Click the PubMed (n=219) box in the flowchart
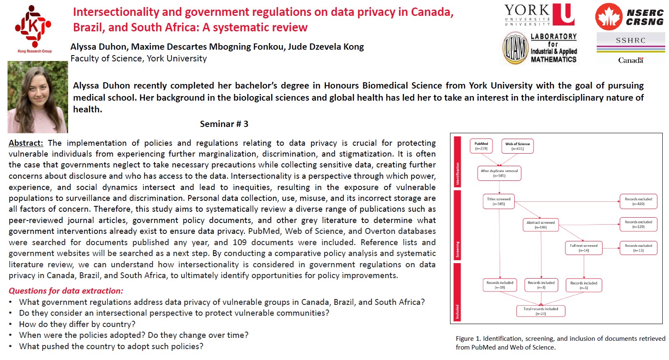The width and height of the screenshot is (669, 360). click(x=481, y=146)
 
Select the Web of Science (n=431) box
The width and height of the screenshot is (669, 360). click(x=517, y=146)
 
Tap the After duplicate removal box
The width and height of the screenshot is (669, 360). click(x=499, y=173)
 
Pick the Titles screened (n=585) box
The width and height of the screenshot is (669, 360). click(x=499, y=201)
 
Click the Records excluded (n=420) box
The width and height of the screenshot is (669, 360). click(x=638, y=201)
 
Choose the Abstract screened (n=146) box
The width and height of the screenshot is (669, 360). click(x=541, y=225)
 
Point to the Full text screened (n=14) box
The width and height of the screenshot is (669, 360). click(x=583, y=248)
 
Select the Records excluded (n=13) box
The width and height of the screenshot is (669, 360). click(x=638, y=248)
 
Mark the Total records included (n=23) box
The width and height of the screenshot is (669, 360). click(x=541, y=311)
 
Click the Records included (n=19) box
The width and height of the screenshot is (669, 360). click(x=500, y=285)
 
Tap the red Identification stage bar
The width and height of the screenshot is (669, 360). click(x=457, y=162)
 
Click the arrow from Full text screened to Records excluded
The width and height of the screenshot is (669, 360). click(x=610, y=248)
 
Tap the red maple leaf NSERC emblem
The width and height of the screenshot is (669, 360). click(x=608, y=17)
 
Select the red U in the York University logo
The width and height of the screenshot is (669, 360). click(x=564, y=15)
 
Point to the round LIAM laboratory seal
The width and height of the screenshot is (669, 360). click(x=516, y=49)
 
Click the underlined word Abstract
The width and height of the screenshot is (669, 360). click(x=26, y=143)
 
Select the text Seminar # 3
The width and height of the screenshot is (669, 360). click(x=224, y=124)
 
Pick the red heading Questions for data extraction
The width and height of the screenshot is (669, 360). click(x=66, y=291)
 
